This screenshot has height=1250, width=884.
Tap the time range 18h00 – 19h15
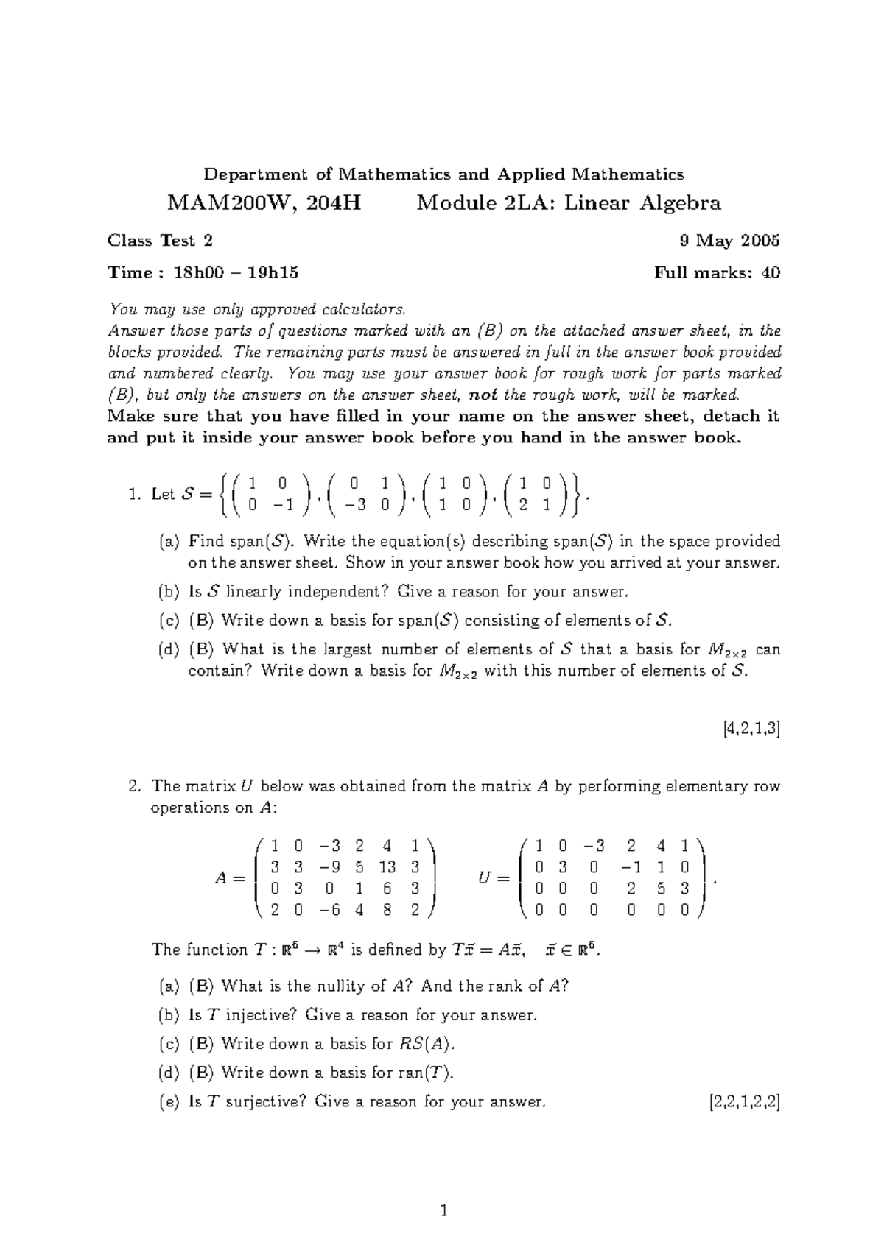236,273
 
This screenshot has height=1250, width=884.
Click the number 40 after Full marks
771,273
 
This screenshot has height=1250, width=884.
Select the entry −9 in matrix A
331,867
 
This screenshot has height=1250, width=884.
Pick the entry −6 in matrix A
331,910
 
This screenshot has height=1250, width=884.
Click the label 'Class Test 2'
161,241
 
